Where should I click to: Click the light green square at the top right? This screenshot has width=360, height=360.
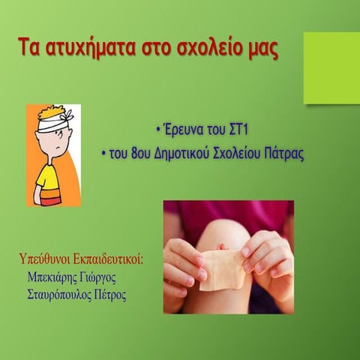[331, 67]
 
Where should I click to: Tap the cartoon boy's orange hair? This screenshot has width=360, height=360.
[46, 112]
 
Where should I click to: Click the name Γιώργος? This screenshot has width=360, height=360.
[101, 277]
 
